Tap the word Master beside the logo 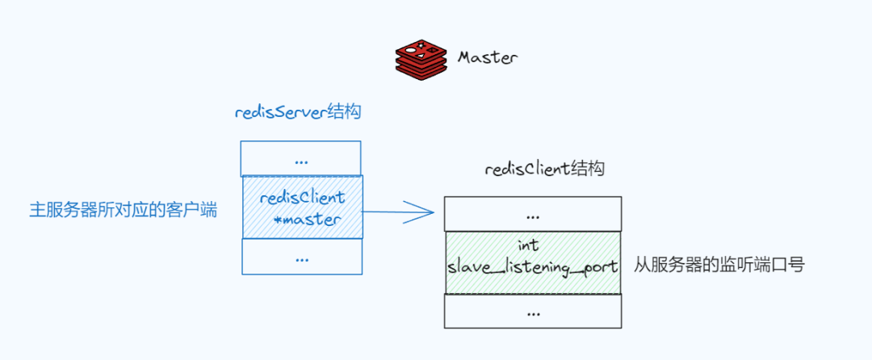point(488,58)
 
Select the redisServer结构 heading point(298,112)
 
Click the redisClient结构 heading point(545,170)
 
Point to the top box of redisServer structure point(300,158)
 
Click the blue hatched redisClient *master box point(303,207)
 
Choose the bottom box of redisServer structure point(302,257)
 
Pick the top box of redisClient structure point(533,214)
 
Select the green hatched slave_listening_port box point(533,263)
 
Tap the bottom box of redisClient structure point(533,311)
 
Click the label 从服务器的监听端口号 point(719,266)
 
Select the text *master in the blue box point(307,219)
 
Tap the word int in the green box point(530,245)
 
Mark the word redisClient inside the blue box point(303,198)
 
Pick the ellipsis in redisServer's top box point(301,161)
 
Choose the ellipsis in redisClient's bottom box point(533,312)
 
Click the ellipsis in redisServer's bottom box point(302,258)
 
